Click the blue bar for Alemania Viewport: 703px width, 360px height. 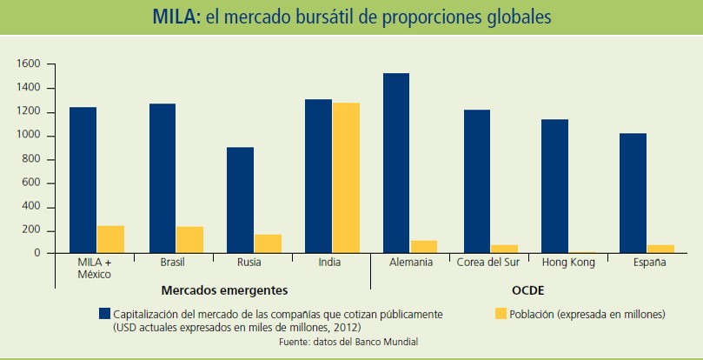(x=396, y=163)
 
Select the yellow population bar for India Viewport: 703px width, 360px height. (x=346, y=177)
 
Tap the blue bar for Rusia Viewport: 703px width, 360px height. (x=240, y=200)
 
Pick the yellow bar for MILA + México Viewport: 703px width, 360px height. (x=110, y=239)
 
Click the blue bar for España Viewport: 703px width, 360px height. (x=633, y=193)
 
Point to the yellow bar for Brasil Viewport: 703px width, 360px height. (x=189, y=240)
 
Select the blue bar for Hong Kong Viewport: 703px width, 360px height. (x=554, y=186)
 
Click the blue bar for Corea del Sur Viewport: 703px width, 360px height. (x=477, y=182)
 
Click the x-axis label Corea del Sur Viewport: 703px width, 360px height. (x=488, y=263)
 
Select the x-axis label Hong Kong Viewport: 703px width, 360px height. (x=568, y=263)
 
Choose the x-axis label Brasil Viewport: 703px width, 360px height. (x=172, y=263)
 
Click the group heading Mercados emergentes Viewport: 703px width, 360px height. (x=224, y=290)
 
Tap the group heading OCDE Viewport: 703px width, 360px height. (x=528, y=290)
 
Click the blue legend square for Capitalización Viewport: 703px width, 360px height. (x=104, y=313)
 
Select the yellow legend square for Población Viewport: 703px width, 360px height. (x=501, y=313)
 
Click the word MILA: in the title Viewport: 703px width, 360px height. (x=177, y=17)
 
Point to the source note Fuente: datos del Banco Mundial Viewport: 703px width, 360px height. (x=348, y=342)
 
